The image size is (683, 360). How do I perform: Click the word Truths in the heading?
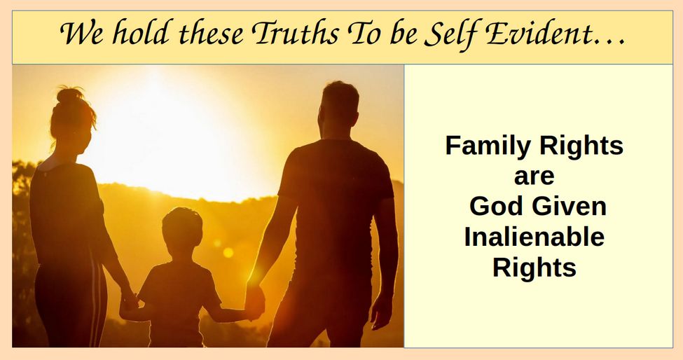point(295,33)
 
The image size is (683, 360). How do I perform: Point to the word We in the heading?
point(83,33)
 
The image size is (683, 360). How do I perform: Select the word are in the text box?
point(534,176)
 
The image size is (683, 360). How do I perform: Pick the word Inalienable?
point(534,237)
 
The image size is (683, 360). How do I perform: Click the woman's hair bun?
point(70,94)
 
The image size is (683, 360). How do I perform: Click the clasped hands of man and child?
point(255,302)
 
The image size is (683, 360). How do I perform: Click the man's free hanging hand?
point(382,310)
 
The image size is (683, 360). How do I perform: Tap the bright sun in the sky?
point(165,130)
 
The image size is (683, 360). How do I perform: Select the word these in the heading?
point(212,33)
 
